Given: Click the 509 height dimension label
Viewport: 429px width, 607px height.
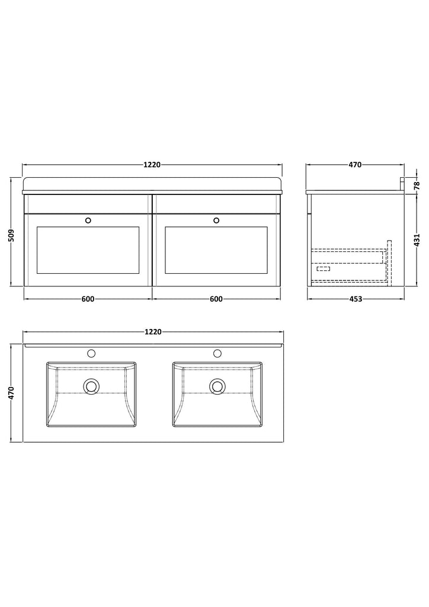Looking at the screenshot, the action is pyautogui.click(x=11, y=235).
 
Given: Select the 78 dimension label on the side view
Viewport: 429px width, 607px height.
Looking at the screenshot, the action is pyautogui.click(x=416, y=185).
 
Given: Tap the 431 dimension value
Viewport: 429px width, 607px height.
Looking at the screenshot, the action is pyautogui.click(x=417, y=241).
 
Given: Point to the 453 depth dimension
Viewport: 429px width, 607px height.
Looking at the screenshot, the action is pyautogui.click(x=356, y=299).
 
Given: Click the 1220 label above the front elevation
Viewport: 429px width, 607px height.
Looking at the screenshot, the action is pyautogui.click(x=152, y=165).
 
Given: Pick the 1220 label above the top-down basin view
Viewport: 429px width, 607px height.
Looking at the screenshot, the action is pyautogui.click(x=153, y=332).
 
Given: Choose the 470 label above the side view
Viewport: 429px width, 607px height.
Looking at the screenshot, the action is pyautogui.click(x=355, y=165).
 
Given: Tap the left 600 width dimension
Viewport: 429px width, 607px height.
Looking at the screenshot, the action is pyautogui.click(x=88, y=299).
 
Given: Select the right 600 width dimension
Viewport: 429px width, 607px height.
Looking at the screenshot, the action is pyautogui.click(x=216, y=299).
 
